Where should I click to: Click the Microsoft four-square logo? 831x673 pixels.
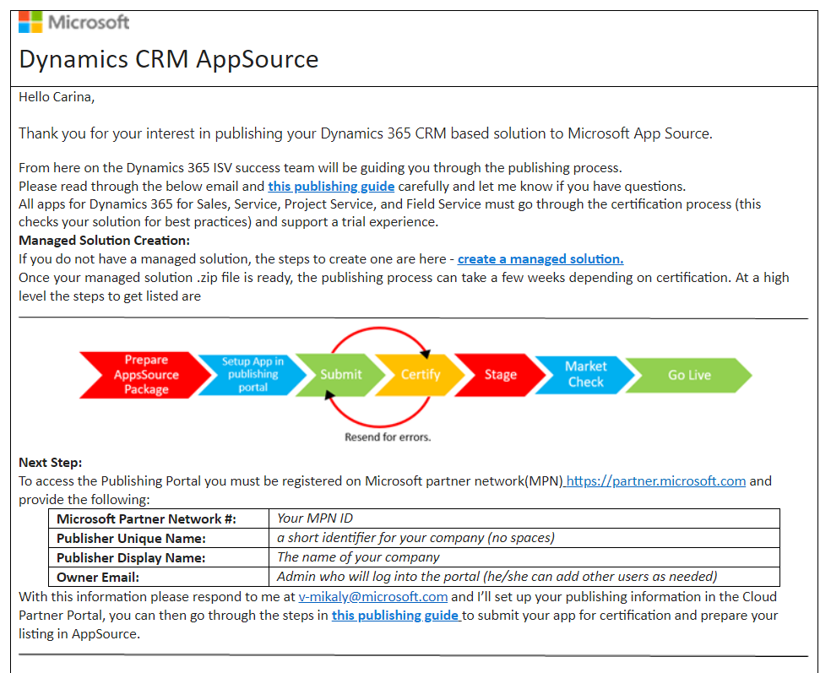coord(30,21)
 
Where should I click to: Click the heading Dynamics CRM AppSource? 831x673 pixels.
coord(168,59)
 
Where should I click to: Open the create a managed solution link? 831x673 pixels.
coord(540,259)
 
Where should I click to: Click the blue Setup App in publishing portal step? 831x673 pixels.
coord(253,374)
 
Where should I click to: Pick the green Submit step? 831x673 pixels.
coord(340,374)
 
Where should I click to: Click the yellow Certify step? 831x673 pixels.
coord(420,374)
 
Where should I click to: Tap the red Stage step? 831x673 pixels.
coord(500,374)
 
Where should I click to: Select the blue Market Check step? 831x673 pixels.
coord(585,374)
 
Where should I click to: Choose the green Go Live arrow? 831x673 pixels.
coord(689,375)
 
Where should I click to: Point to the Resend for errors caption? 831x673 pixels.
coord(388,437)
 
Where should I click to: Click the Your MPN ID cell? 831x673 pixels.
coord(315,518)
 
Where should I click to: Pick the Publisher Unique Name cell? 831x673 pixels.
coord(131,538)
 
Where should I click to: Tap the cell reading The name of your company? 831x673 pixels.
coord(358,557)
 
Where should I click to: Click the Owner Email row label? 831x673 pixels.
coord(98,577)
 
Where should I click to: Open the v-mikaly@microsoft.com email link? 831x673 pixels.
coord(373,597)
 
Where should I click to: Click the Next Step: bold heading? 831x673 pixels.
coord(51,463)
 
